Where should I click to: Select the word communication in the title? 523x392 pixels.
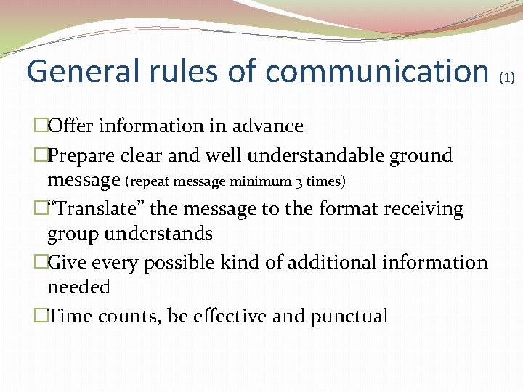[x=376, y=71]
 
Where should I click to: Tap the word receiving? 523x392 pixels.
[x=421, y=209]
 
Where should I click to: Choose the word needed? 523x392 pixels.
[x=78, y=287]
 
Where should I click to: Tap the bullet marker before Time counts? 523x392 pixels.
[x=41, y=317]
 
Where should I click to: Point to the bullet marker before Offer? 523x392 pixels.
[x=41, y=126]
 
